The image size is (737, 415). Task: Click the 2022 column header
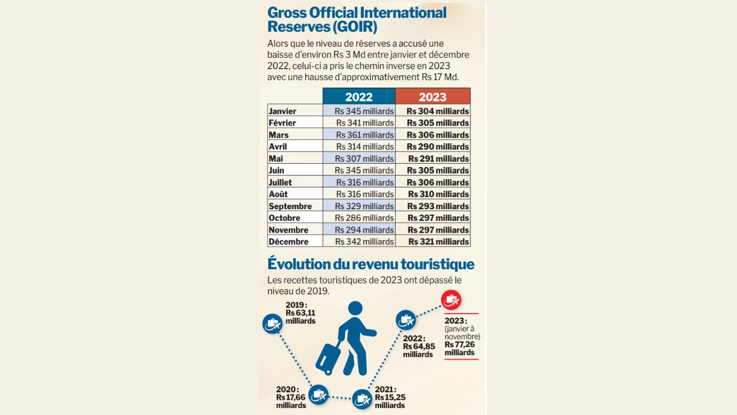359,97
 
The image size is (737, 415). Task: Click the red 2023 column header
432,97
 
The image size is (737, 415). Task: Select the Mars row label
279,135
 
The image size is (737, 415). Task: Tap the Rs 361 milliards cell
359,135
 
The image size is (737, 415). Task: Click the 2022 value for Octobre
359,218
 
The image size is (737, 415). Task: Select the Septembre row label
290,206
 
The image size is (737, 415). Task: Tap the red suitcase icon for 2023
451,300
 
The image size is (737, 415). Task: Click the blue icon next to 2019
272,325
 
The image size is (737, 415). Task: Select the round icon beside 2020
318,395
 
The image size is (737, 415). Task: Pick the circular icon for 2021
362,399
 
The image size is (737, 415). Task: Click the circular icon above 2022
405,319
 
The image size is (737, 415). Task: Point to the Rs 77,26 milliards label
459,348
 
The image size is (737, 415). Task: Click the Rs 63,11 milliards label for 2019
301,316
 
